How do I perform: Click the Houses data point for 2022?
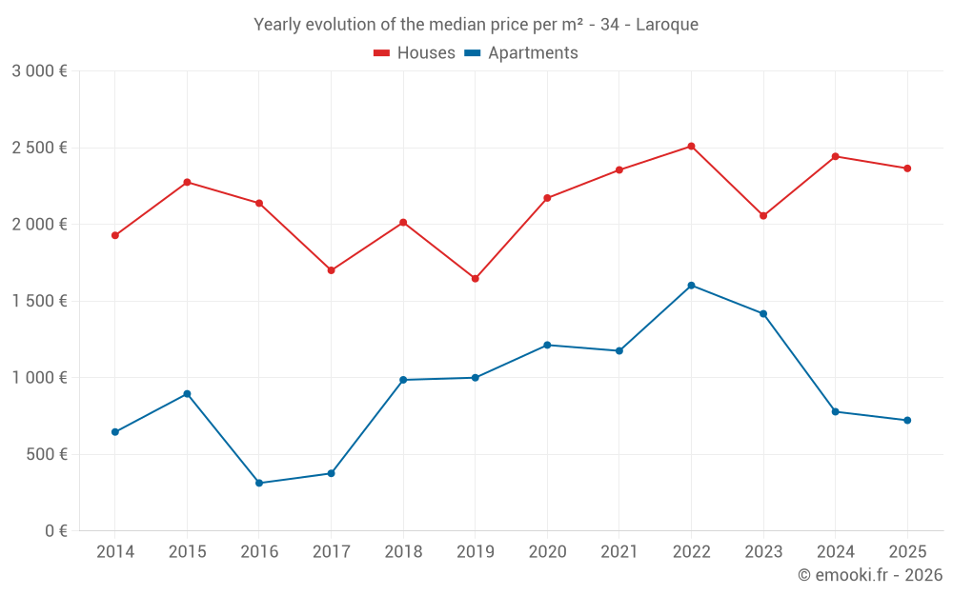[x=691, y=147]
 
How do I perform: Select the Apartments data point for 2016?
[x=259, y=484]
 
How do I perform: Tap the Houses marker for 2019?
[x=476, y=279]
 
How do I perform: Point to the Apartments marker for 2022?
[x=691, y=286]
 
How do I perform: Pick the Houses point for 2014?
[x=115, y=235]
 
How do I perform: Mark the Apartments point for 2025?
[x=907, y=420]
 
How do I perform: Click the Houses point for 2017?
[x=332, y=270]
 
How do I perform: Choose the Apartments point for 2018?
[x=403, y=380]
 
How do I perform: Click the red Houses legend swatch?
[x=382, y=53]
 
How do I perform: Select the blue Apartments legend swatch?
[x=473, y=53]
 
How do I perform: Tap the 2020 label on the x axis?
[x=547, y=552]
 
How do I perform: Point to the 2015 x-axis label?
[x=187, y=552]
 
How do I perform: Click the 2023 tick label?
[x=763, y=552]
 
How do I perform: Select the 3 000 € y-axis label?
[x=39, y=71]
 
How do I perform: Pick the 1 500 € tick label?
[x=39, y=301]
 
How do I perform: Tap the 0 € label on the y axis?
[x=56, y=531]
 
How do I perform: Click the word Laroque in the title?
[x=667, y=25]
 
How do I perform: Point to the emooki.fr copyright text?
[x=870, y=575]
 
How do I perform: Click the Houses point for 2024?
[x=835, y=157]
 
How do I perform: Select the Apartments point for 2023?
[x=763, y=314]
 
